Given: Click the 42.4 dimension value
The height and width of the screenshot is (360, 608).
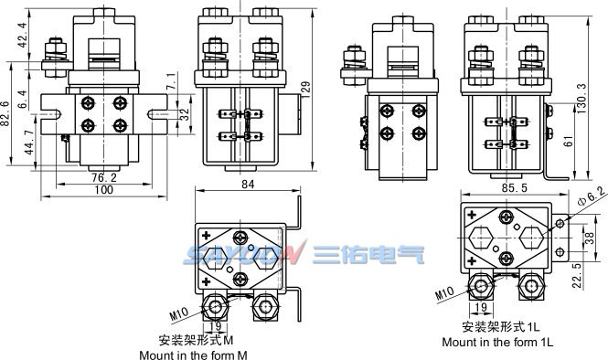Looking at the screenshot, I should pos(21,41).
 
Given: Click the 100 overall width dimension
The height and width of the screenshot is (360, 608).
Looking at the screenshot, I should pos(103,190).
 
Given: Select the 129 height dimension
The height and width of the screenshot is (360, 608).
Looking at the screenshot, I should pos(306,87).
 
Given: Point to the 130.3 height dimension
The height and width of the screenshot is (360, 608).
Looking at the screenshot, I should pos(581,94).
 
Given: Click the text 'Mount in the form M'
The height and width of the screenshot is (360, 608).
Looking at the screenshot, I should pos(193,354).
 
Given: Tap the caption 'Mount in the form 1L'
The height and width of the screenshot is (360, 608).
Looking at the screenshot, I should pos(497,342).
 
